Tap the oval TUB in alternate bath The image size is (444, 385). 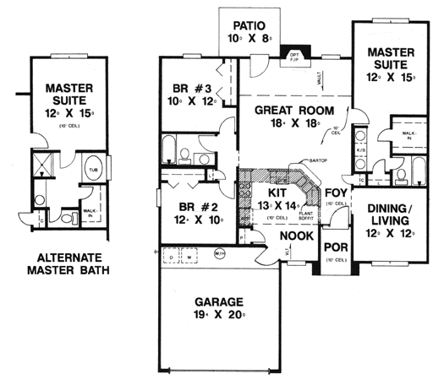[x=93, y=167]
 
